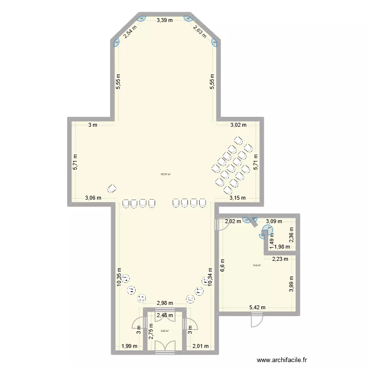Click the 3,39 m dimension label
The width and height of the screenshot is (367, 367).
coord(164,21)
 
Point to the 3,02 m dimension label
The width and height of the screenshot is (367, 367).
coord(238,125)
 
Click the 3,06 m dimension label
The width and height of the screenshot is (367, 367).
coord(92,198)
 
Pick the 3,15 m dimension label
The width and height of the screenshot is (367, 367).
coord(237,198)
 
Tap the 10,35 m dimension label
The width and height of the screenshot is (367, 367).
coord(119,276)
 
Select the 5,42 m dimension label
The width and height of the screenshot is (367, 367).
coord(257,307)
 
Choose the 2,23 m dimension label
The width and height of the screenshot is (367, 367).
coord(280,260)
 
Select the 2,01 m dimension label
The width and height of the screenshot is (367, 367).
coord(201,346)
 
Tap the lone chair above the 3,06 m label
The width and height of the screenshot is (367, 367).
coord(112,188)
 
